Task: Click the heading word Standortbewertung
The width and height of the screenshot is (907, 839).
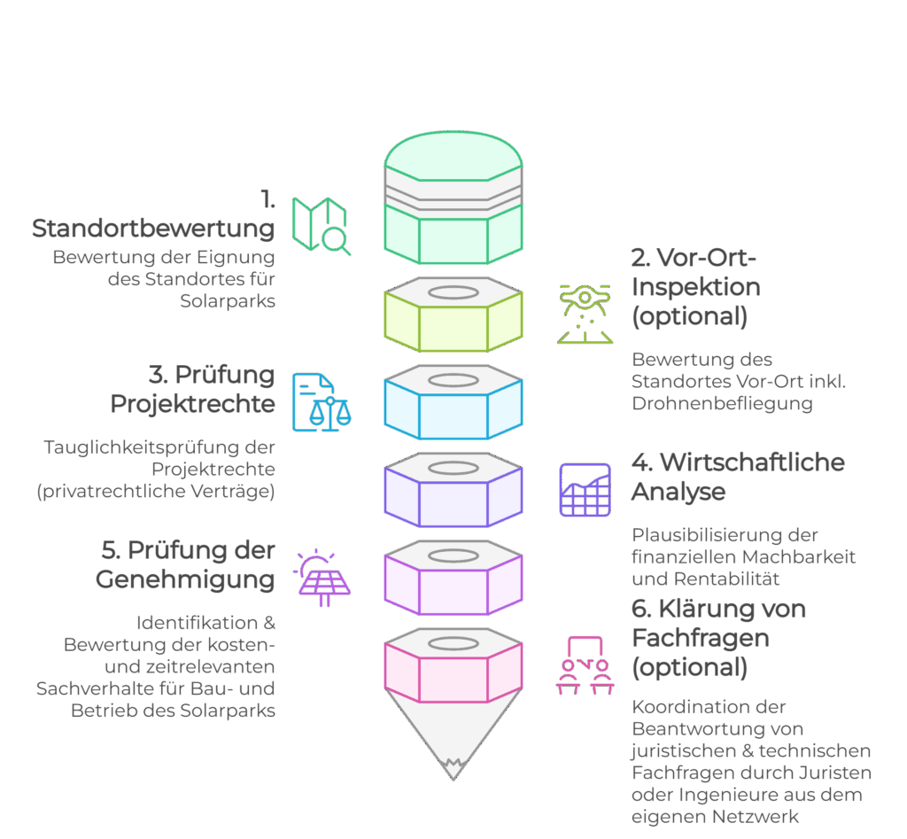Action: (x=153, y=229)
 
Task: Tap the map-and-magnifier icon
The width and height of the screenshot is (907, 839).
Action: (x=322, y=226)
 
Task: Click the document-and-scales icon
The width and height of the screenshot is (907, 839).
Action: (x=322, y=402)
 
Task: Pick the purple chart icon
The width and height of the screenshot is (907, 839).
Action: (x=585, y=490)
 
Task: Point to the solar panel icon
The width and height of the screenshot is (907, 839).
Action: (x=322, y=579)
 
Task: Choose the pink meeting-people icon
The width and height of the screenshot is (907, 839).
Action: (x=585, y=665)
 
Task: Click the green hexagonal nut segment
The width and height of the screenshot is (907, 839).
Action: (x=453, y=318)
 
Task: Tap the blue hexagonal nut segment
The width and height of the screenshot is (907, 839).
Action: (x=453, y=407)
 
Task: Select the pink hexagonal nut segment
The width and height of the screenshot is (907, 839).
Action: (x=453, y=672)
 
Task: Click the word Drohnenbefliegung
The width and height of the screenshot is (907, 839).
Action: (x=722, y=404)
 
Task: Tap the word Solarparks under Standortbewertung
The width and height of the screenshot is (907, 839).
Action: (x=228, y=301)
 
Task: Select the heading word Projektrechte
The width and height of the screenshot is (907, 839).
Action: (x=192, y=404)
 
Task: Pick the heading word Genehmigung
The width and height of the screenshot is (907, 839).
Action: (x=184, y=580)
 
